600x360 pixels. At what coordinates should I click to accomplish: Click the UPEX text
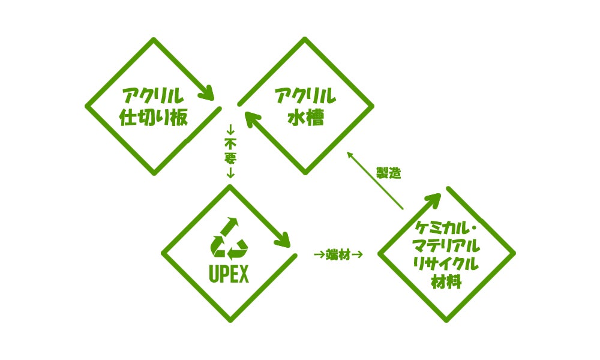pyautogui.click(x=228, y=274)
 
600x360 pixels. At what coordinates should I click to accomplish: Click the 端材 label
pyautogui.click(x=338, y=255)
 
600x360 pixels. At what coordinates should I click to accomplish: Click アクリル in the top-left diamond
pyautogui.click(x=153, y=95)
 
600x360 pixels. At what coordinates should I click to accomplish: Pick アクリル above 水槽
pyautogui.click(x=305, y=95)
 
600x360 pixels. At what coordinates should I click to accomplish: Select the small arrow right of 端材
pyautogui.click(x=358, y=255)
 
